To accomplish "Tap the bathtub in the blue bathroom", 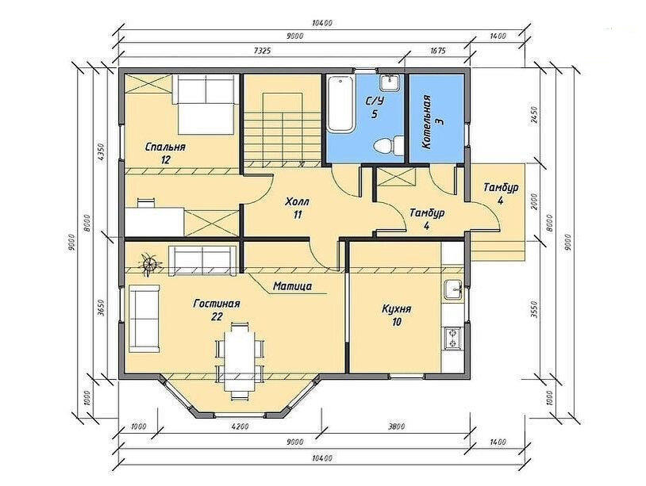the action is pos(340,104).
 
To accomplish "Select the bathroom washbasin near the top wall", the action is pos(390,82).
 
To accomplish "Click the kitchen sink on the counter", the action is pos(454,289).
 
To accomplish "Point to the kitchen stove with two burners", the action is pos(454,339).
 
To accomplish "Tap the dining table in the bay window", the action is pos(240,361).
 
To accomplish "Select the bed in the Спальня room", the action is pos(206,104).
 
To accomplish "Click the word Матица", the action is pos(293,285).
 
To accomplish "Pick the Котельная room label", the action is pos(433,122).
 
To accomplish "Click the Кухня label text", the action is pos(396,308).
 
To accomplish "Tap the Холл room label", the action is pos(297,202).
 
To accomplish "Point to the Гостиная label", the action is pos(217,304).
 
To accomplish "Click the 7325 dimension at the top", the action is pos(262,50).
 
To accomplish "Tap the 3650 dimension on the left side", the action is pos(101,308).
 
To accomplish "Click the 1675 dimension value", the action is pos(437,50).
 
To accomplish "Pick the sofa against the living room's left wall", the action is pos(144,319).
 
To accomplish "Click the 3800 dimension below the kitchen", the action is pos(396,427).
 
